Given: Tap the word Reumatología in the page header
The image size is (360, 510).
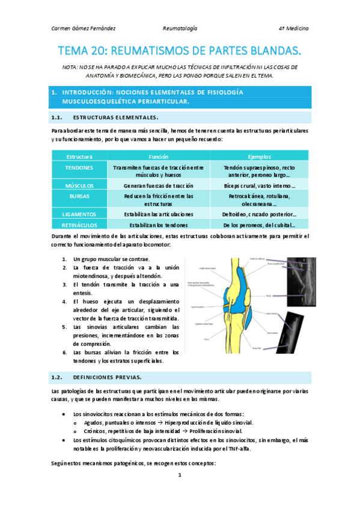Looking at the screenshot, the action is pos(180,28).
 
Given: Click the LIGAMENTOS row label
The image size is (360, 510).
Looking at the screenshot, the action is pos(79,214).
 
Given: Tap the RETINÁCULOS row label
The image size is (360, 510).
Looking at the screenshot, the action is pos(79,225).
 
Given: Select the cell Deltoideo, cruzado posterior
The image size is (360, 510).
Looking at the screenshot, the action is pos(263,214).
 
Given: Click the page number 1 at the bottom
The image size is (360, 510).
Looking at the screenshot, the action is pos(179,475).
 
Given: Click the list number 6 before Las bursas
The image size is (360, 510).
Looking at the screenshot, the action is pos(64,352).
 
